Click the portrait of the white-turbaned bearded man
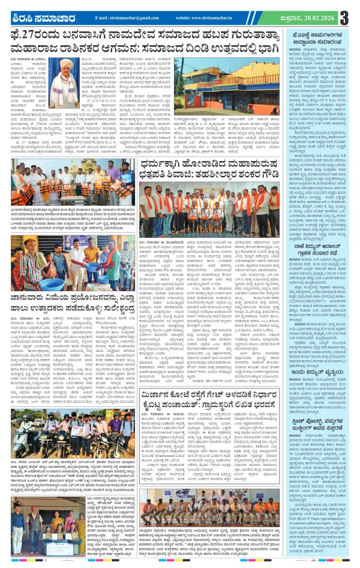pos(66,76)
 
